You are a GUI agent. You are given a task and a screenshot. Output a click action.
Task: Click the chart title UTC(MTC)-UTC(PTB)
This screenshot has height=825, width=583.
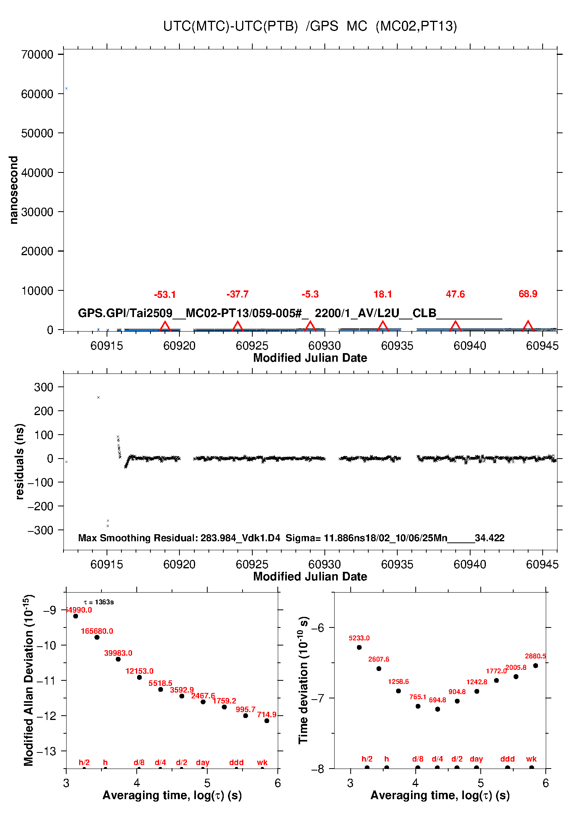pos(230,26)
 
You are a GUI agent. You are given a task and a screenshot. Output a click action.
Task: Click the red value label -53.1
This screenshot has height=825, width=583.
pos(165,295)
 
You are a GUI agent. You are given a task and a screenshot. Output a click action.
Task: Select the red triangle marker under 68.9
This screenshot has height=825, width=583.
pos(528,326)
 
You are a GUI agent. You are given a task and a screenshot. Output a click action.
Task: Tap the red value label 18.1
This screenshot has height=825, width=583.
pos(383,294)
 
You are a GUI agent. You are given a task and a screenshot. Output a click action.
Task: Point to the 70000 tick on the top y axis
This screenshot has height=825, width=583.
pos(37,54)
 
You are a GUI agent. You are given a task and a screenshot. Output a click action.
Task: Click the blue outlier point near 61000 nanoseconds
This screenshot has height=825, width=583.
pos(67,89)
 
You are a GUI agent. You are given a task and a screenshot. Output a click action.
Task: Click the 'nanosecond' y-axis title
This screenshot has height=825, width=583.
pos(14,190)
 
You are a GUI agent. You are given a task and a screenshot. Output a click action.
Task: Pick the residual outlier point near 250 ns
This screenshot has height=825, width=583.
pos(98,397)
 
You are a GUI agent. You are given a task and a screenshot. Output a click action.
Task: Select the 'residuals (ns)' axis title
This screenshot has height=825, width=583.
pos(20,461)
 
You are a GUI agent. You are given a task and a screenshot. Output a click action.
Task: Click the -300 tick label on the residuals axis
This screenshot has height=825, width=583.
pos(40,530)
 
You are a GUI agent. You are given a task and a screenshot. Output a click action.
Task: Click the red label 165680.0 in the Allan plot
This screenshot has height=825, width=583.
pos(97,631)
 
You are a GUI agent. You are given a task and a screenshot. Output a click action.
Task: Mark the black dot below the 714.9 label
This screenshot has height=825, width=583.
pos(267,721)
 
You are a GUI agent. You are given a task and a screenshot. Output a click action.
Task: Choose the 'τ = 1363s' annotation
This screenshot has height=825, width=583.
pos(99,602)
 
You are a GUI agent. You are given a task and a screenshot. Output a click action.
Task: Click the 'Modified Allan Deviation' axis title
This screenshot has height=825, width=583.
pos(28,680)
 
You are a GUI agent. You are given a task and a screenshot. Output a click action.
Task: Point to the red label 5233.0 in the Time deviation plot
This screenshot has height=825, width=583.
pos(359,638)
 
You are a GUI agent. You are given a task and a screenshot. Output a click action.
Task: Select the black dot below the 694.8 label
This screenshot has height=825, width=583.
pos(438,709)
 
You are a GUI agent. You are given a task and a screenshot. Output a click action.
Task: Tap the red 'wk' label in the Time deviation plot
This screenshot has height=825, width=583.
pos(531,759)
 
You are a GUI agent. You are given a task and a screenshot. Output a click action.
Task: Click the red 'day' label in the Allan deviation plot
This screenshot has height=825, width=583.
pos(203,762)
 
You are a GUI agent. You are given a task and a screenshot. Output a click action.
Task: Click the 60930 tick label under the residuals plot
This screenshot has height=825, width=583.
pos(324,565)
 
